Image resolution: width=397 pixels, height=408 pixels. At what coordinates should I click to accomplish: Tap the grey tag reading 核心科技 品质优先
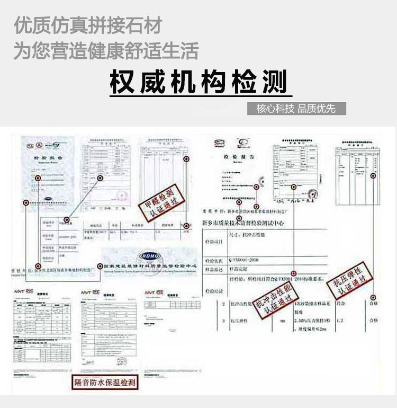[x=296, y=109]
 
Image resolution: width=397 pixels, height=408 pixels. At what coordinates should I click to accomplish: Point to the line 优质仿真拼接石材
[x=87, y=25]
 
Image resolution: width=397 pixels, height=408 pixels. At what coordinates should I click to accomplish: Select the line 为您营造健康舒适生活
[x=106, y=51]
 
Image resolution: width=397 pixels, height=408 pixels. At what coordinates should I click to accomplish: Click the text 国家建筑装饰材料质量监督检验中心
[x=151, y=265]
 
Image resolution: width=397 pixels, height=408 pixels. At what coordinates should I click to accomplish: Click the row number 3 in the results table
[x=224, y=321]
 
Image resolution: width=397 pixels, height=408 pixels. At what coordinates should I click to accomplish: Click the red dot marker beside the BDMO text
[x=99, y=266]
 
